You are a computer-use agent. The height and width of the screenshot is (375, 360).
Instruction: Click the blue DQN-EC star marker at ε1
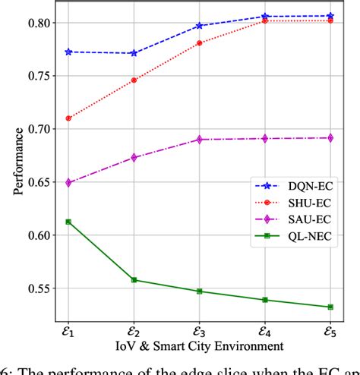point(68,52)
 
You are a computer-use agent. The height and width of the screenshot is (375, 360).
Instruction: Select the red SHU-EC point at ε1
point(68,118)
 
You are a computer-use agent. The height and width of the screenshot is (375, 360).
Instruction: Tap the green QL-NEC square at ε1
point(68,222)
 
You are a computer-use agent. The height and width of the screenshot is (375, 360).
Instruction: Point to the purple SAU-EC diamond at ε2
point(134,158)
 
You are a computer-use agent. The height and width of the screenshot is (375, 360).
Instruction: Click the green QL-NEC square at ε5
point(330,307)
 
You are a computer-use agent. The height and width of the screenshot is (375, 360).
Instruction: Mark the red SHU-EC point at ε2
point(134,80)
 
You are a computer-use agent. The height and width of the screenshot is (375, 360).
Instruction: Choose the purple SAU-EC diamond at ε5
point(330,138)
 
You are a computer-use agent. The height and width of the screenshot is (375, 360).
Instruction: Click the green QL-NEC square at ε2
point(134,280)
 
